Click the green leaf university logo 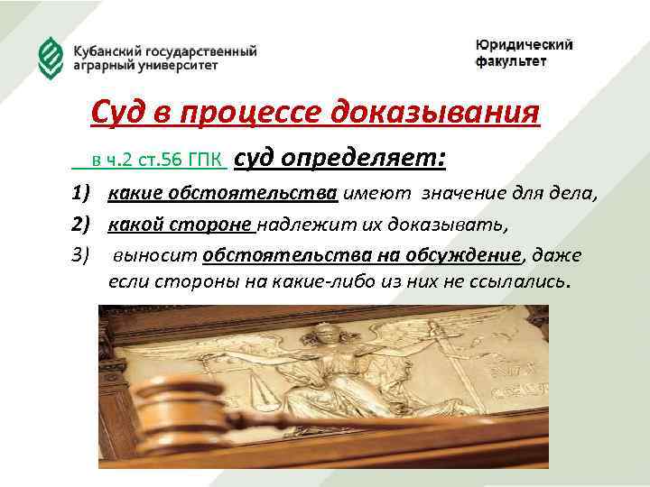(x=51, y=56)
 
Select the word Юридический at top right (x=525, y=46)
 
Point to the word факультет (x=511, y=61)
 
